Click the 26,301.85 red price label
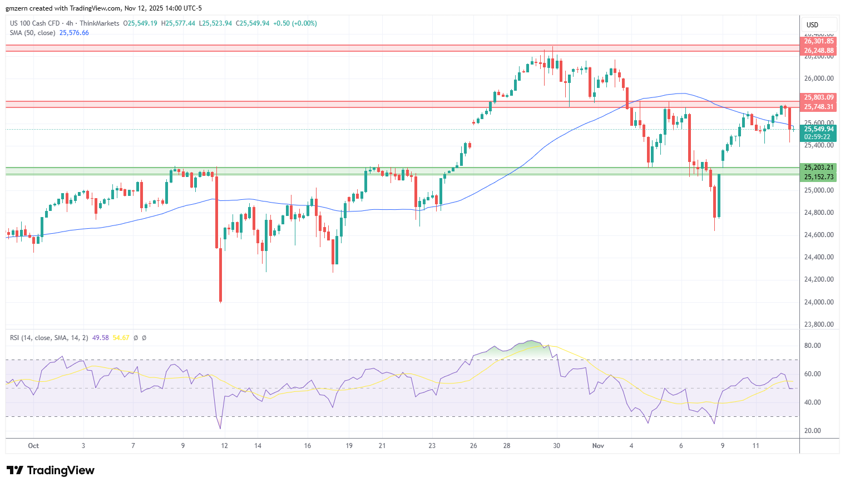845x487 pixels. (x=819, y=41)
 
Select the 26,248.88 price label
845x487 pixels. (x=819, y=51)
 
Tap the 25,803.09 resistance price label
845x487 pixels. (x=819, y=97)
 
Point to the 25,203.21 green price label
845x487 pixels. (x=819, y=168)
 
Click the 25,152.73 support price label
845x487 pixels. (x=819, y=177)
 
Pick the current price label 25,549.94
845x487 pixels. (x=819, y=129)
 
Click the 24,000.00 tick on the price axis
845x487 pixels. (x=819, y=302)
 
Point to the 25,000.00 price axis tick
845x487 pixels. (x=819, y=190)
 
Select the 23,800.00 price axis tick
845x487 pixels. (x=819, y=324)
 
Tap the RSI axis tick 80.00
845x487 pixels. (x=813, y=346)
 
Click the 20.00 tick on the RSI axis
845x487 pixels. (x=813, y=431)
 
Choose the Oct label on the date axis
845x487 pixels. (x=33, y=446)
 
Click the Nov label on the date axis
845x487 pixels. (x=598, y=446)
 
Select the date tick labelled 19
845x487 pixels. (x=349, y=446)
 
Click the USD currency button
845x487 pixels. (x=813, y=24)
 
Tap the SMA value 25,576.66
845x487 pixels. (x=74, y=33)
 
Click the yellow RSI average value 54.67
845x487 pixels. (x=121, y=338)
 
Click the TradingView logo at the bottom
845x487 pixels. (x=51, y=470)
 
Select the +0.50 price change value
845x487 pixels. (x=281, y=23)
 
